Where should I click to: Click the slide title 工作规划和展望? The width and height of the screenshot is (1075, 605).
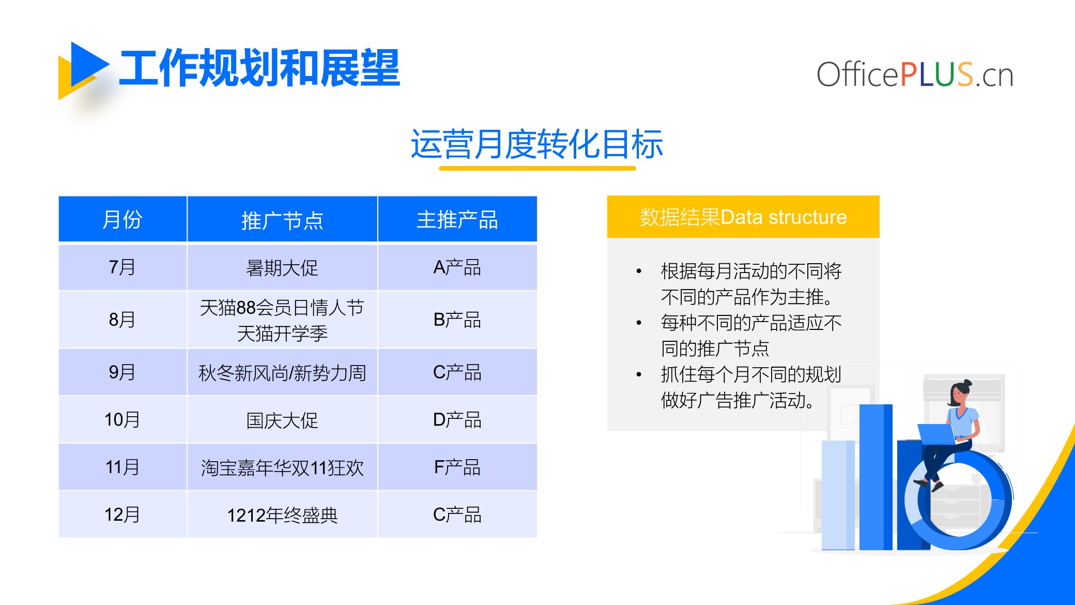click(x=259, y=68)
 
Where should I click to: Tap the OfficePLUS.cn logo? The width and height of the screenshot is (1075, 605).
click(x=915, y=74)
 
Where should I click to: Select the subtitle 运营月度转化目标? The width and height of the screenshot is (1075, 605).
click(x=536, y=144)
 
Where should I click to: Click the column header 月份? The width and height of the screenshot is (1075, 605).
click(x=122, y=219)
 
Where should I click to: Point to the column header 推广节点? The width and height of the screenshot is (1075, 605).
click(x=282, y=220)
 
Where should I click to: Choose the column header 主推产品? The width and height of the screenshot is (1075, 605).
click(x=457, y=219)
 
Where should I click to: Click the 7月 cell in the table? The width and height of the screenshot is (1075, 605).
click(x=122, y=267)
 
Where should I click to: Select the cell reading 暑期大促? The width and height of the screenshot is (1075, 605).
click(x=282, y=268)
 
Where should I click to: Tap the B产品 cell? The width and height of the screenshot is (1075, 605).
click(x=457, y=320)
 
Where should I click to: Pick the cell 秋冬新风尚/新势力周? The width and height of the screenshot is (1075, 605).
click(x=282, y=373)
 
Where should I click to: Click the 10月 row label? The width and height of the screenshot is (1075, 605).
click(x=122, y=419)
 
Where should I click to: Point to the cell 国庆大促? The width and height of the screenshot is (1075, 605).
click(x=282, y=420)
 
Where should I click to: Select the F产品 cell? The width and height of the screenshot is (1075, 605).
click(x=457, y=467)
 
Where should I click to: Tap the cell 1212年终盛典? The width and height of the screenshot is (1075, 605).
click(x=282, y=515)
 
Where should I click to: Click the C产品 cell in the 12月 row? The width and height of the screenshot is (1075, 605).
click(x=457, y=515)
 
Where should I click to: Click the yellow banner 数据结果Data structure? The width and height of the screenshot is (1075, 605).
click(x=743, y=217)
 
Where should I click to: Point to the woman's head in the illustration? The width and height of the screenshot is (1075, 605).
click(x=960, y=393)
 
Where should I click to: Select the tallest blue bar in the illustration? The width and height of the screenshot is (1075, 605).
click(x=876, y=477)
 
